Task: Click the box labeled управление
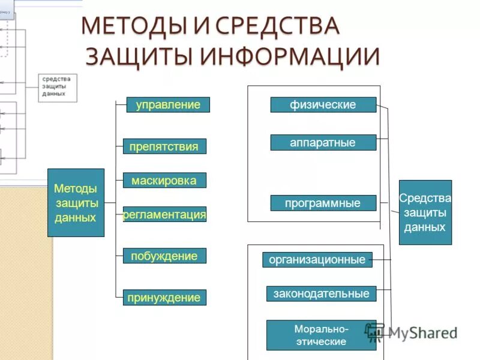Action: tap(168, 105)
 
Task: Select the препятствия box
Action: tap(164, 146)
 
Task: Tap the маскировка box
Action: tap(164, 180)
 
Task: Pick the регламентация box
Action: tap(164, 214)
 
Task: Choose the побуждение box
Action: tap(164, 256)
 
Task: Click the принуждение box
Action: tap(164, 298)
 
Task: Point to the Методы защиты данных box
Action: tap(76, 203)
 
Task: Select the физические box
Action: tap(323, 104)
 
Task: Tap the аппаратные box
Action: tap(323, 142)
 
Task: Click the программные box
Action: tap(323, 203)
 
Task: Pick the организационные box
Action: tap(317, 260)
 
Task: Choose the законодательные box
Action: tap(322, 293)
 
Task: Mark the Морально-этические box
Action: tap(321, 335)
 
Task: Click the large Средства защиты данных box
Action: tap(425, 212)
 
